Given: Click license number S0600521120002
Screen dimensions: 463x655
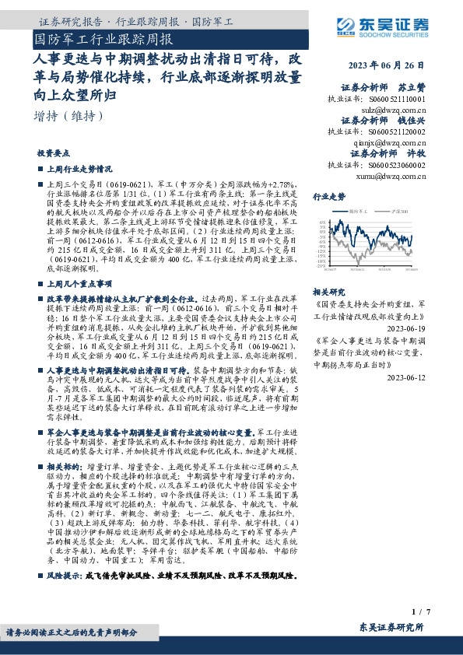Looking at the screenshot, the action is pyautogui.click(x=386, y=132).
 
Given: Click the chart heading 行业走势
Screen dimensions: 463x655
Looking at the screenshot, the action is pyautogui.click(x=328, y=197).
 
